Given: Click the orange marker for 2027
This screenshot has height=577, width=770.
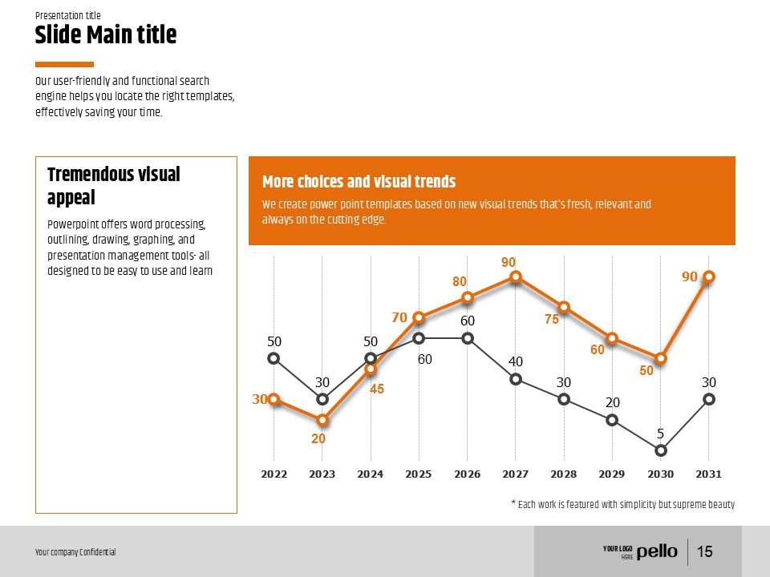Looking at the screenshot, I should (x=516, y=277).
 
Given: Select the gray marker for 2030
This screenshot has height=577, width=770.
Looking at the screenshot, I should (x=661, y=450).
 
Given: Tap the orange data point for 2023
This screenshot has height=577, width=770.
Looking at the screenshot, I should (x=322, y=420).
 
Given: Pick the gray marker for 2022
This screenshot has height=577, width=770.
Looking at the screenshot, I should (x=274, y=358).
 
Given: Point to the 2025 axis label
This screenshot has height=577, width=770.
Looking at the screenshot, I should (x=419, y=474).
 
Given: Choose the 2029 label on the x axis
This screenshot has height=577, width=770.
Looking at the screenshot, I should (x=612, y=474).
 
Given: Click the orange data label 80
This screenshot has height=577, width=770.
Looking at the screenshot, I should (x=460, y=282).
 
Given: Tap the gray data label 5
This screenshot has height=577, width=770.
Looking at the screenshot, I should (x=661, y=434).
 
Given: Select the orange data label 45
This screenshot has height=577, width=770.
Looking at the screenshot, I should (x=377, y=389).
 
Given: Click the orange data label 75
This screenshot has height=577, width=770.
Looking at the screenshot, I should (x=551, y=318).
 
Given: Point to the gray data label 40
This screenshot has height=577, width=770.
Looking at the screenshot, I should (x=516, y=362).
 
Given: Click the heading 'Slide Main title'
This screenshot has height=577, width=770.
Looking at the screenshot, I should (x=106, y=36).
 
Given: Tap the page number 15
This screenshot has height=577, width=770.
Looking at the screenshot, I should (x=705, y=551).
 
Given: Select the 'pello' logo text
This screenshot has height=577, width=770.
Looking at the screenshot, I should (x=657, y=551).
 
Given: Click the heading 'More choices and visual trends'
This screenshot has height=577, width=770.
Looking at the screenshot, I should (x=359, y=182).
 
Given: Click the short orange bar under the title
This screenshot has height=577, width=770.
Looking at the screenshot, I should (x=64, y=64).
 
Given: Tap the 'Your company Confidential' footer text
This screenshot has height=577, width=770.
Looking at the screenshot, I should (x=75, y=552).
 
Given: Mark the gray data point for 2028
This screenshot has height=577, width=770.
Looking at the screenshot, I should (x=564, y=399).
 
